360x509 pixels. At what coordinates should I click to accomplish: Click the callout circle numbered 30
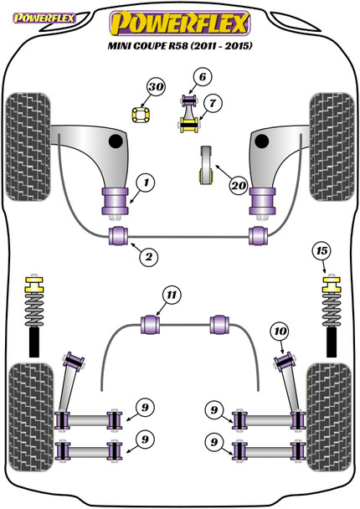tap(157, 87)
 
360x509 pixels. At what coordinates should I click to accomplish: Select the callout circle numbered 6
tap(203, 77)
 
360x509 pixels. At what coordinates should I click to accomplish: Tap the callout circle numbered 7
tap(213, 103)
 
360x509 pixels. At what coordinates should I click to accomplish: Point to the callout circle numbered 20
tap(239, 186)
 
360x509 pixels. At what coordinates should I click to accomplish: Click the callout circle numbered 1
tap(146, 183)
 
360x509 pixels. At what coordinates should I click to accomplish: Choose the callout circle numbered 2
tap(149, 257)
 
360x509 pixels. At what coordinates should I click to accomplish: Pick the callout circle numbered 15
tap(321, 251)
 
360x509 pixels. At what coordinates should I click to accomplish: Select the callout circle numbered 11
tap(172, 295)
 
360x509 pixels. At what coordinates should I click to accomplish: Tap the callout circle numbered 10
tap(280, 332)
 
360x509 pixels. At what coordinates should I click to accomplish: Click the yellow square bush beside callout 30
tap(141, 115)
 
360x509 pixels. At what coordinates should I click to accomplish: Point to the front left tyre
tap(28, 147)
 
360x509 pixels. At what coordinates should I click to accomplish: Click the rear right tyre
tap(329, 417)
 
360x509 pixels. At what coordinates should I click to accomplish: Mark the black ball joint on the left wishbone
tap(116, 141)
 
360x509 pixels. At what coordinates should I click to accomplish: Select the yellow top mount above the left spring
tap(34, 285)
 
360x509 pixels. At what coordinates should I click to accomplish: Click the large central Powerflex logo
tap(180, 23)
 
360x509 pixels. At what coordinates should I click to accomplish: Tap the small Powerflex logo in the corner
tap(44, 18)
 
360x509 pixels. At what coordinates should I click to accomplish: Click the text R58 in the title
tap(177, 45)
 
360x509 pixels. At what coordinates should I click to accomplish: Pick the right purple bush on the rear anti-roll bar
tap(219, 324)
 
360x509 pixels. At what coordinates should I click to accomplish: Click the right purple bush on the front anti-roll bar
tap(259, 236)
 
